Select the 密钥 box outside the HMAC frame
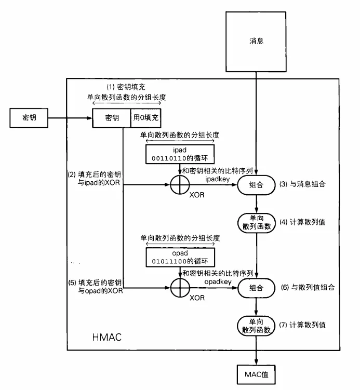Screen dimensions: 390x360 click(29, 118)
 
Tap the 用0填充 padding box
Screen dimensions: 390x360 click(146, 118)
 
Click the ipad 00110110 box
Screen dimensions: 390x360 click(179, 153)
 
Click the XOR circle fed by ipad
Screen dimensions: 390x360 click(180, 184)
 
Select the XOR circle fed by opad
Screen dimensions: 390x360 click(180, 287)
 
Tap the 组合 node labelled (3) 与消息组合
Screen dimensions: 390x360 click(256, 184)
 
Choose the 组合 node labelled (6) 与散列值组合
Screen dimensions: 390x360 click(256, 287)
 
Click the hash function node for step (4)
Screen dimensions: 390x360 click(256, 222)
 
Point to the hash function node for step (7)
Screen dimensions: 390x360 click(256, 325)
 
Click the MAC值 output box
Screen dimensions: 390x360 click(256, 373)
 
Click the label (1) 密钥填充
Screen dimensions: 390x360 click(126, 87)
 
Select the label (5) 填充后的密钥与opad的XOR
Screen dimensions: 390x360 click(95, 287)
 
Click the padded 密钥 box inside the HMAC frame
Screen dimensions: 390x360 click(112, 118)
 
